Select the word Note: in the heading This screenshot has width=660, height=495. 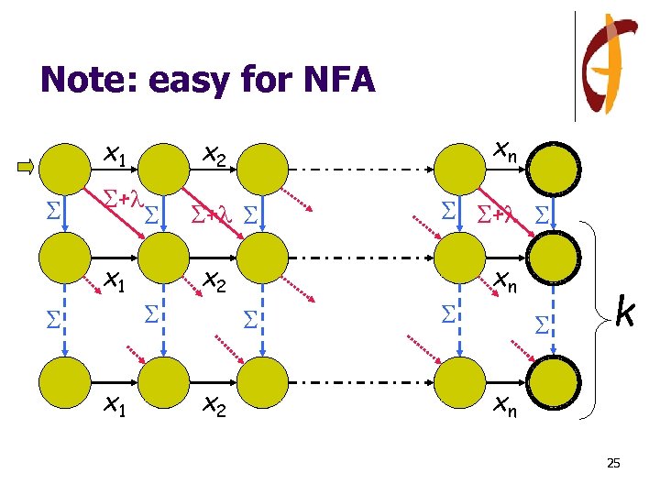point(84,81)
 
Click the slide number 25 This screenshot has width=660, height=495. point(613,464)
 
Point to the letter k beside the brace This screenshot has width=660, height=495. point(625,312)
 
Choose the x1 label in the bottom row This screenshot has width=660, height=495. point(115,403)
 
